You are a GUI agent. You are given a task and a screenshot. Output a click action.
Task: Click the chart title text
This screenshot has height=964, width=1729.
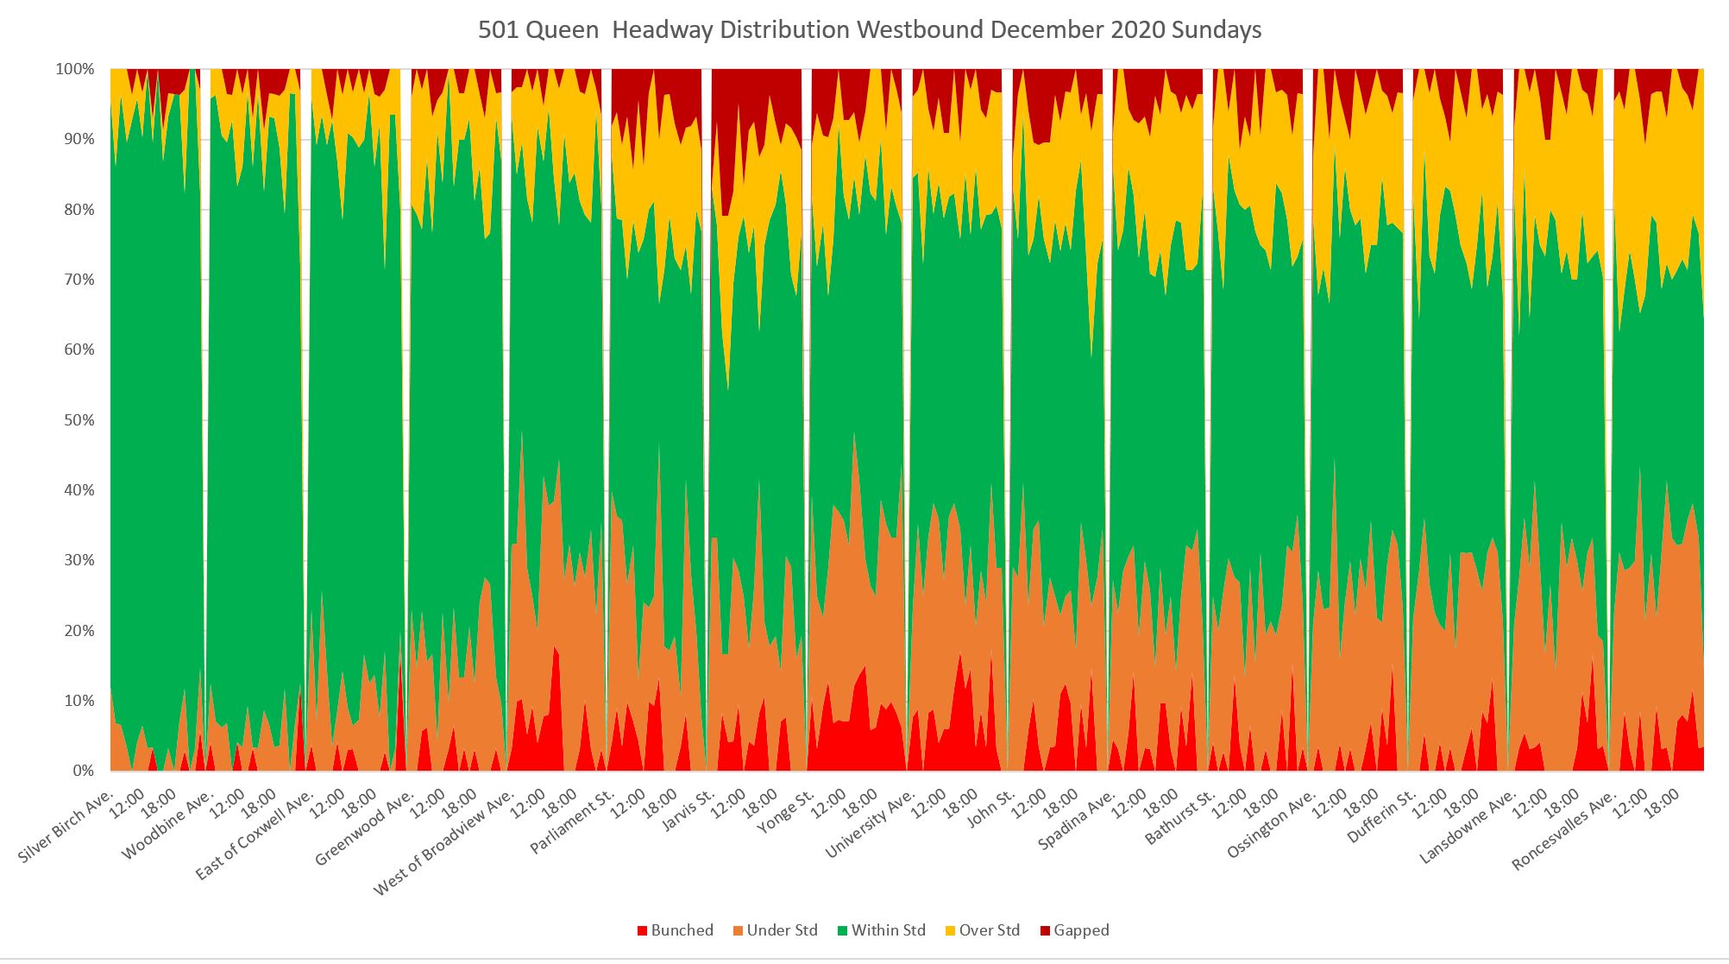click(870, 30)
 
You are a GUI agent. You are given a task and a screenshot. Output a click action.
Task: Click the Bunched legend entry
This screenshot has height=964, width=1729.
click(675, 930)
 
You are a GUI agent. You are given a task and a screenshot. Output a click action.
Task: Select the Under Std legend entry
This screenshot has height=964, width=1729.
click(775, 930)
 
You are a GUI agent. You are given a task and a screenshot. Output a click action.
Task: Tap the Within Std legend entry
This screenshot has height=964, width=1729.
click(881, 930)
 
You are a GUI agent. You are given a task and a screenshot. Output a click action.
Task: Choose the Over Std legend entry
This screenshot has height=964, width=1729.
click(982, 930)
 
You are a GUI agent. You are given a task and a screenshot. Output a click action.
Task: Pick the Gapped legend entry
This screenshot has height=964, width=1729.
click(1074, 930)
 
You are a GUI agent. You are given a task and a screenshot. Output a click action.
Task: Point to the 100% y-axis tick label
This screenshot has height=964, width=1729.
click(75, 69)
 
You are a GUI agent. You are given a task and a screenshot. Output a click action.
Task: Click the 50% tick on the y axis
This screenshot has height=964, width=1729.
click(78, 420)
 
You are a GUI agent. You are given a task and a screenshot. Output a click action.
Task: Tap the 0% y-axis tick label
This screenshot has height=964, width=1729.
click(83, 771)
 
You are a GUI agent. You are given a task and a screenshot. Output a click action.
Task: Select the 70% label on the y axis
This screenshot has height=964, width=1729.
click(78, 280)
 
